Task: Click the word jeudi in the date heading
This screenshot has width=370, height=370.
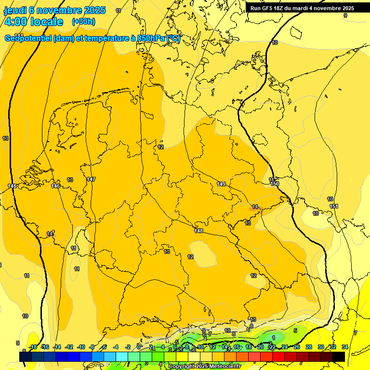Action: (x=15, y=10)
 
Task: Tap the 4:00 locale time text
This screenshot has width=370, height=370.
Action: (x=33, y=22)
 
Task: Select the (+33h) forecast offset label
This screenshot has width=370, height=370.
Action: (x=83, y=22)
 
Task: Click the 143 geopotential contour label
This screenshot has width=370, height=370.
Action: (x=12, y=186)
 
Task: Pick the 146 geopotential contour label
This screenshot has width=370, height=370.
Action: (x=55, y=186)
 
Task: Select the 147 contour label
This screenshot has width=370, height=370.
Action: (x=91, y=179)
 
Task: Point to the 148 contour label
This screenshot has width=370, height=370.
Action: (x=198, y=231)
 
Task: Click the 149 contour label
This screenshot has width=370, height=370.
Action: (x=221, y=184)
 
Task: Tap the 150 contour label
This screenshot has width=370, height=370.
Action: (x=275, y=184)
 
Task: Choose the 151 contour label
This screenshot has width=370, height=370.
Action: (x=334, y=206)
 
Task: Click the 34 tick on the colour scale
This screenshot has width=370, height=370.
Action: (x=345, y=347)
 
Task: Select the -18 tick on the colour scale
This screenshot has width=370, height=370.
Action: (x=33, y=347)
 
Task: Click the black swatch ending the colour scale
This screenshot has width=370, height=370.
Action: (x=339, y=357)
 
